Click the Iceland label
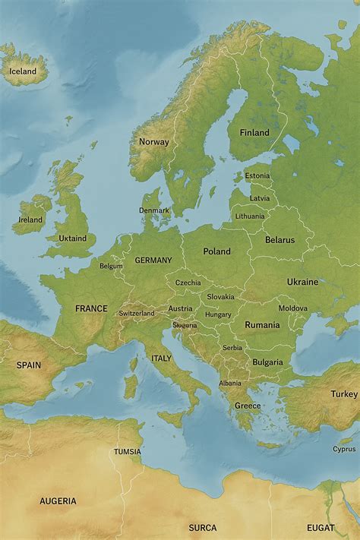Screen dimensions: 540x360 22,71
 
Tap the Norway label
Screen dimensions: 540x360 153,142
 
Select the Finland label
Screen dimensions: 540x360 254,133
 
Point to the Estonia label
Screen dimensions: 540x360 257,176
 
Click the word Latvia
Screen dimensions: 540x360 260,198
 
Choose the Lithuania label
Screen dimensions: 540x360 250,216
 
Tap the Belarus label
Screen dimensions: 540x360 279,240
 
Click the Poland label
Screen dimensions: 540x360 216,251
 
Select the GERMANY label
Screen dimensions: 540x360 153,261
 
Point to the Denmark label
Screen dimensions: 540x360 154,210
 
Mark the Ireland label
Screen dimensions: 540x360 30,220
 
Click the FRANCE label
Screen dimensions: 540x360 91,309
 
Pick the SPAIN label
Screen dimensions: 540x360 29,365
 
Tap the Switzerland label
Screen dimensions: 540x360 137,314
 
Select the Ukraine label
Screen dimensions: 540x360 302,282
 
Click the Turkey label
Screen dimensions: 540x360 343,394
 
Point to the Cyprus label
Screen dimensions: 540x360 343,449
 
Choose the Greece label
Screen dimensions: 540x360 247,406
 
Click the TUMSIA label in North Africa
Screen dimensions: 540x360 127,452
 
